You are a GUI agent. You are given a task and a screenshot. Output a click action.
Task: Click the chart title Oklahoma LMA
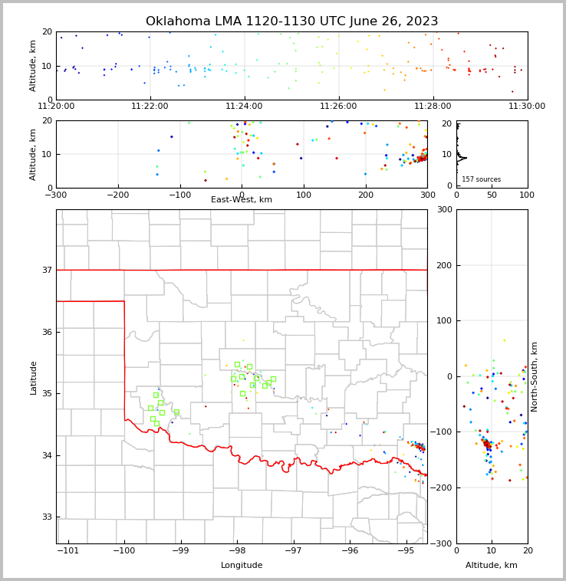[x=291, y=21]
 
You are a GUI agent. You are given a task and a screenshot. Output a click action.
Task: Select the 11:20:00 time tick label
[x=56, y=106]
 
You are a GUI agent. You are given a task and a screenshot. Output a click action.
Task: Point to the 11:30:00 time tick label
[x=527, y=106]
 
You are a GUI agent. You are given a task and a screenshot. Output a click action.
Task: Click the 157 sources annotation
[x=481, y=179]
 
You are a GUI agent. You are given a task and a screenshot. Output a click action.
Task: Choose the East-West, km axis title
[x=242, y=200]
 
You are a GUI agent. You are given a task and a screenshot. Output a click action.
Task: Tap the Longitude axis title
[x=242, y=566]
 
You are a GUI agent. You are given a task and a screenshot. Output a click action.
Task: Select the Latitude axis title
[x=33, y=377]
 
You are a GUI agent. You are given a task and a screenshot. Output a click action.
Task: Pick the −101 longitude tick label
[x=68, y=551]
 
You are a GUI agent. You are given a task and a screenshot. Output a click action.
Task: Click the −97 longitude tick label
[x=294, y=551]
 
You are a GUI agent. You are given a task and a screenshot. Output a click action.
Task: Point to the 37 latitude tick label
[x=47, y=270]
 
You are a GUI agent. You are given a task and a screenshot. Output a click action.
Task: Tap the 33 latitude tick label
[x=47, y=517]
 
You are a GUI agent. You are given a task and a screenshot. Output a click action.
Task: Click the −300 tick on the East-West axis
[x=56, y=195]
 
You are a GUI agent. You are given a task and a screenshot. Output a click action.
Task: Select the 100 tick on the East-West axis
[x=304, y=195]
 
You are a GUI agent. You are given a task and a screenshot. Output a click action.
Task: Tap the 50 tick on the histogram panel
[x=492, y=195]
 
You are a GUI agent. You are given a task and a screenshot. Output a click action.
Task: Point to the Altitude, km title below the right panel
[x=492, y=566]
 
